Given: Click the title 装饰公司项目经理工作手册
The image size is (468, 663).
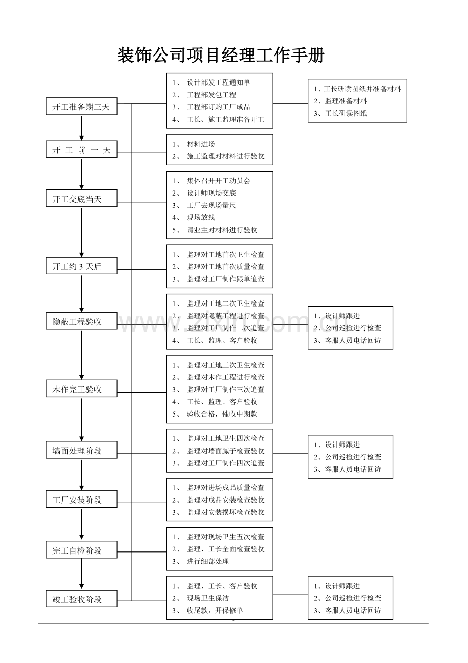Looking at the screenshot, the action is (x=221, y=55).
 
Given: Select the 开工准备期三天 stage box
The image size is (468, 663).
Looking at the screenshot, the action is (x=81, y=106).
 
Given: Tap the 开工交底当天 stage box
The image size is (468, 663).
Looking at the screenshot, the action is (x=81, y=198).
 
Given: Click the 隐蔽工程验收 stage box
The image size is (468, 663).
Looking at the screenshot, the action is (x=81, y=321).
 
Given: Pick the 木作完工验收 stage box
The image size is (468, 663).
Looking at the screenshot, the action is (x=81, y=389).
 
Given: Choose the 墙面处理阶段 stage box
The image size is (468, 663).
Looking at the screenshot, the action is (x=81, y=450).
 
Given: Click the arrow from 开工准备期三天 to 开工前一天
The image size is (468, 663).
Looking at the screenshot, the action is (x=81, y=128).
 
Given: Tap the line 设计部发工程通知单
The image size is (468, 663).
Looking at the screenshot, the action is (x=218, y=82).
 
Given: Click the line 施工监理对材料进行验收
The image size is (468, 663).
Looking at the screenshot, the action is (x=225, y=156).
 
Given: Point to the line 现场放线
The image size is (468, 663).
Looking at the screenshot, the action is (x=201, y=217).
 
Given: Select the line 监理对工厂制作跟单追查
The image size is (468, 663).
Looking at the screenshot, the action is (x=225, y=279).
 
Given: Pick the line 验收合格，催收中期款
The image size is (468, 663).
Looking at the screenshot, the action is (x=222, y=414).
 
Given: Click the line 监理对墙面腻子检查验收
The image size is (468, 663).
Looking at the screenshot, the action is (x=225, y=451).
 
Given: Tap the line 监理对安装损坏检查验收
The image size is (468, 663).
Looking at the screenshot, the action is (x=225, y=512).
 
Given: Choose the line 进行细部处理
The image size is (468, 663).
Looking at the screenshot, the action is (x=208, y=561).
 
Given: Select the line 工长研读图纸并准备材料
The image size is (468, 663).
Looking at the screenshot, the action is (x=363, y=89).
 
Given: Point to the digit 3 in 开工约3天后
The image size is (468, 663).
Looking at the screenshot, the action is (x=81, y=267).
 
